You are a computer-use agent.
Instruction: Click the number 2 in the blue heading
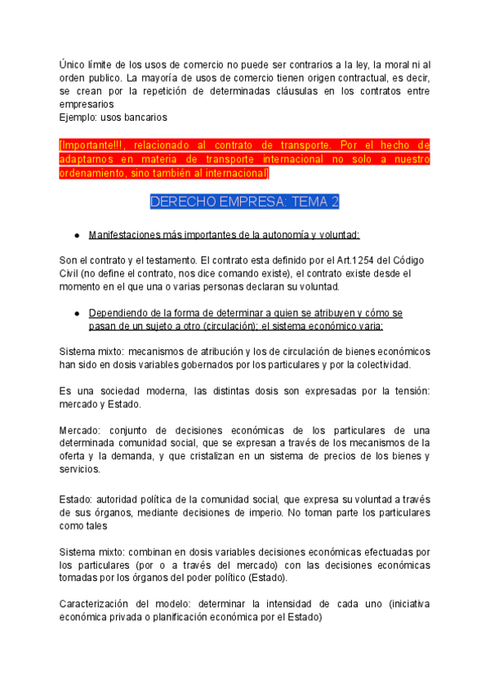coord(334,202)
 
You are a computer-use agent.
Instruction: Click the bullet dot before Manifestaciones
coord(76,235)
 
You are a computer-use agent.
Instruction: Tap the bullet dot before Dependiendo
coord(76,313)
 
